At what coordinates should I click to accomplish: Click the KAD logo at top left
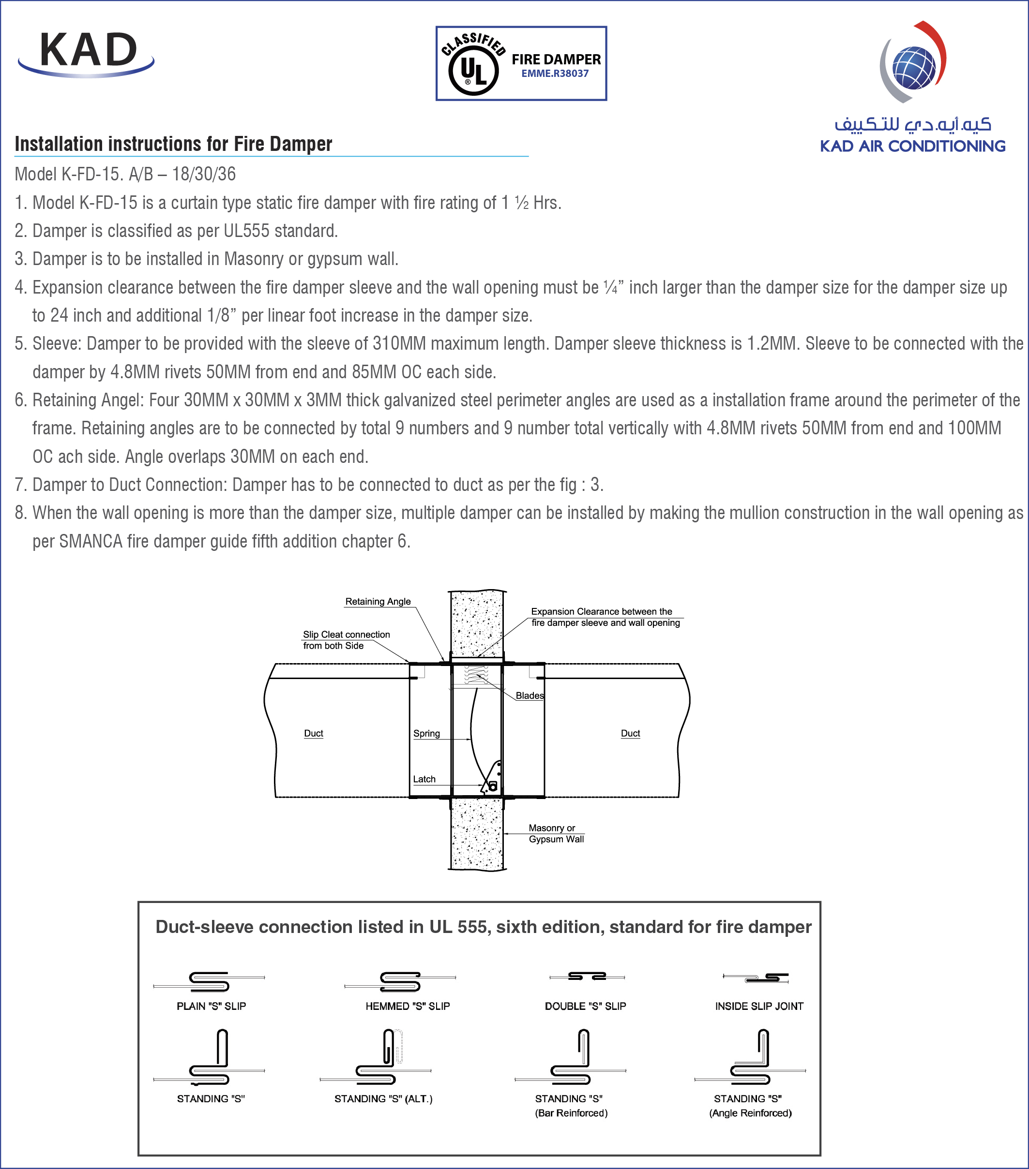pyautogui.click(x=87, y=53)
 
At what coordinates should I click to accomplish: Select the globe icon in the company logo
pyautogui.click(x=914, y=68)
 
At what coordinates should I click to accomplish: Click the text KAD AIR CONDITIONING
pyautogui.click(x=912, y=147)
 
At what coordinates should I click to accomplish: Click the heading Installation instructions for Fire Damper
pyautogui.click(x=173, y=144)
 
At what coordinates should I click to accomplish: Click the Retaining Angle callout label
pyautogui.click(x=378, y=602)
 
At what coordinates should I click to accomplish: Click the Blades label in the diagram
pyautogui.click(x=530, y=696)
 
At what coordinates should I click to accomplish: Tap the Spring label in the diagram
pyautogui.click(x=426, y=734)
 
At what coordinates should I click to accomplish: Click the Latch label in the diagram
pyautogui.click(x=424, y=780)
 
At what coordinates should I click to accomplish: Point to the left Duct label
pyautogui.click(x=314, y=734)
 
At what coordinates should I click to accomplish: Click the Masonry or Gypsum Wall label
pyautogui.click(x=555, y=834)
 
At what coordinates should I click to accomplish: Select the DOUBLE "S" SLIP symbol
pyautogui.click(x=587, y=977)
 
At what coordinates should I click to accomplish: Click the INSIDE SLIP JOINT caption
pyautogui.click(x=759, y=1006)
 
